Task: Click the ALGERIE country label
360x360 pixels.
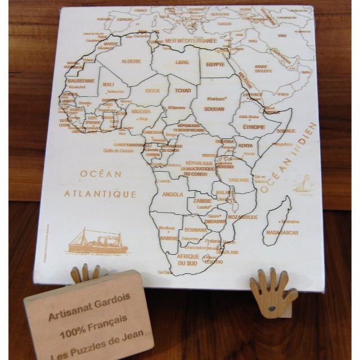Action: pyautogui.click(x=131, y=61)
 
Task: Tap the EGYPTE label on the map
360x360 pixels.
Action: pyautogui.click(x=215, y=64)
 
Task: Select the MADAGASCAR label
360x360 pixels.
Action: pyautogui.click(x=282, y=232)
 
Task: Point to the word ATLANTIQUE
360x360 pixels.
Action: pyautogui.click(x=100, y=194)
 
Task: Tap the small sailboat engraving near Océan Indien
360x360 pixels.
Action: pyautogui.click(x=302, y=183)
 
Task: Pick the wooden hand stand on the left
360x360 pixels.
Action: pyautogui.click(x=85, y=274)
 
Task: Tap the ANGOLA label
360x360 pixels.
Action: pyautogui.click(x=172, y=195)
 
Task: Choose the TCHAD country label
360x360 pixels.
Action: pyautogui.click(x=183, y=91)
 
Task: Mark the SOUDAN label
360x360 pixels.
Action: pyautogui.click(x=215, y=109)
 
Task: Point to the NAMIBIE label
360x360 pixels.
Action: pyautogui.click(x=169, y=238)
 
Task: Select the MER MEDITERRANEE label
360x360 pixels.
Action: pyautogui.click(x=191, y=40)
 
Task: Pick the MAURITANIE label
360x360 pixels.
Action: pyautogui.click(x=80, y=81)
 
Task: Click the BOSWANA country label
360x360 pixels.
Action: pyautogui.click(x=196, y=230)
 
